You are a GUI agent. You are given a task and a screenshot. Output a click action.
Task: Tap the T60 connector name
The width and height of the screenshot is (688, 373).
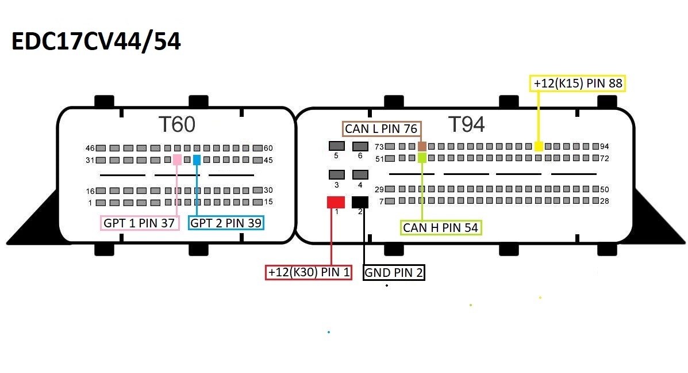point(176,124)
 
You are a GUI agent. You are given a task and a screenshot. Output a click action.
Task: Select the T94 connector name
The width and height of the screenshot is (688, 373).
point(466,124)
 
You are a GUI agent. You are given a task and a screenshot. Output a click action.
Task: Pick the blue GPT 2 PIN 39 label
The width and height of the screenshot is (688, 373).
point(226,223)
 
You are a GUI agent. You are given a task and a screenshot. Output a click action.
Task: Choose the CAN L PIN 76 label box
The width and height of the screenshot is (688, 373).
point(382,128)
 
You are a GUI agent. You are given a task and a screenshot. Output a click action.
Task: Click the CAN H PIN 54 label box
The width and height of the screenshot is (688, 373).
point(440,227)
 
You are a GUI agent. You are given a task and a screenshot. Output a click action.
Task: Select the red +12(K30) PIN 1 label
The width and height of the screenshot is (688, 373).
point(309,272)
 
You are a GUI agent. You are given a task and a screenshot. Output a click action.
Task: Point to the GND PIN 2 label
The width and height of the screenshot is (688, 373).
point(394,272)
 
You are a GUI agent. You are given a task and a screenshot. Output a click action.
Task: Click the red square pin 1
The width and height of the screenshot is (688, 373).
point(336,202)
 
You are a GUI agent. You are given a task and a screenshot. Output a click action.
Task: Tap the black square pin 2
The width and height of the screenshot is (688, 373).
point(360,202)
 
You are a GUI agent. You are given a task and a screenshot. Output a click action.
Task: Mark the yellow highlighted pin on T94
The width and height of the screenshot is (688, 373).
point(539,146)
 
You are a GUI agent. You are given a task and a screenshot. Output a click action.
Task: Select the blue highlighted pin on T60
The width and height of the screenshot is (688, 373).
point(197,159)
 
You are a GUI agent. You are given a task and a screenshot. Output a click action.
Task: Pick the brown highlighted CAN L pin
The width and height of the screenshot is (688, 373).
point(422,146)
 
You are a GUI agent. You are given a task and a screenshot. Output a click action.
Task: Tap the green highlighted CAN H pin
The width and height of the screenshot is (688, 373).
point(422,157)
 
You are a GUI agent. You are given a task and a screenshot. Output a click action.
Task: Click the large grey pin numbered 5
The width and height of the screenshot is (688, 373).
point(336,146)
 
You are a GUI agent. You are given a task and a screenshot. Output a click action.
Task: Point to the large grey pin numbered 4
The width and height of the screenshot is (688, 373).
point(360,174)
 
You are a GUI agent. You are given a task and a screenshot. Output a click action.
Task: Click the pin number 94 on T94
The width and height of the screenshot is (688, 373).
point(604,146)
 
